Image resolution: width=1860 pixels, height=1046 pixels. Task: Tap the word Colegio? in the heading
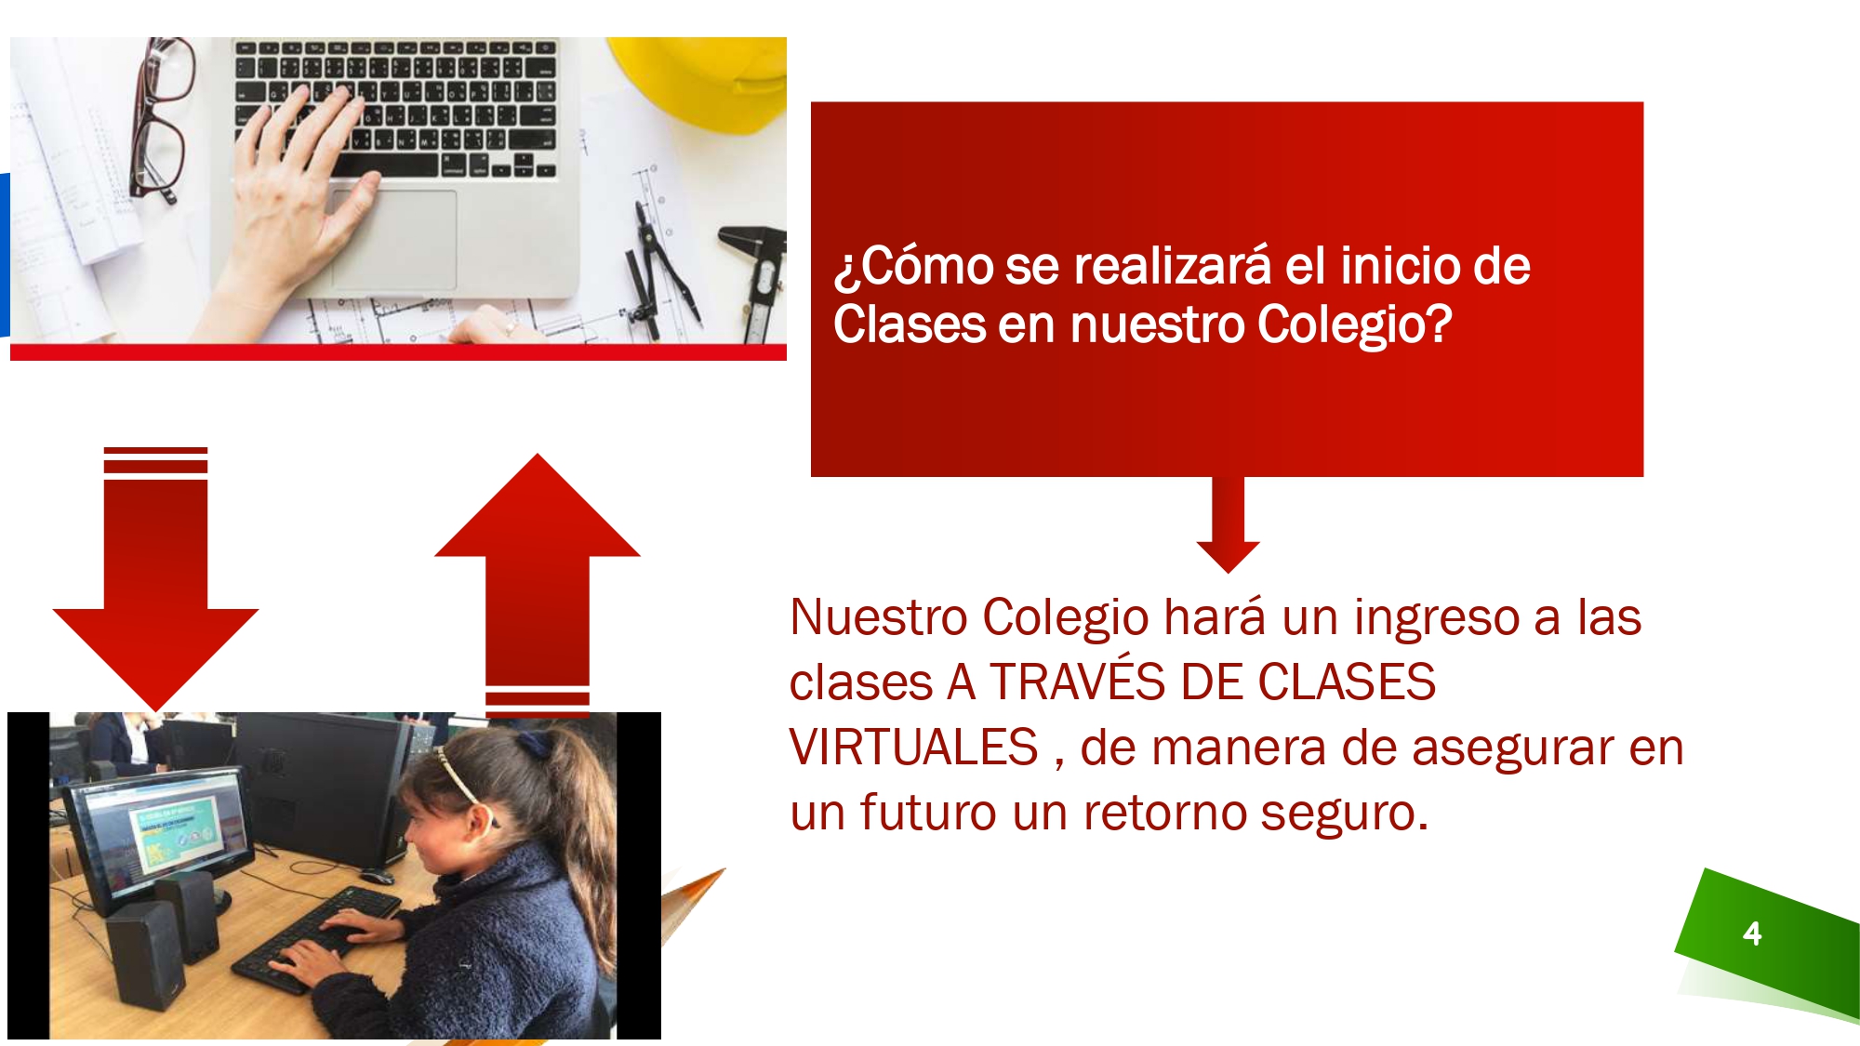coord(1354,325)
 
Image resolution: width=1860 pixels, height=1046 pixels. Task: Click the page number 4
coord(1752,933)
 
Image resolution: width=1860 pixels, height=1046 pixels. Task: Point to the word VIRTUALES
coord(913,748)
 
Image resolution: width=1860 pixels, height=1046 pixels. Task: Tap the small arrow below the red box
coord(1228,524)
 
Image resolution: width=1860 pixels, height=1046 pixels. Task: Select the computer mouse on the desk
coord(377,876)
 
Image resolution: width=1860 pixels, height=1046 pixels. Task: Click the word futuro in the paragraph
coord(928,813)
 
